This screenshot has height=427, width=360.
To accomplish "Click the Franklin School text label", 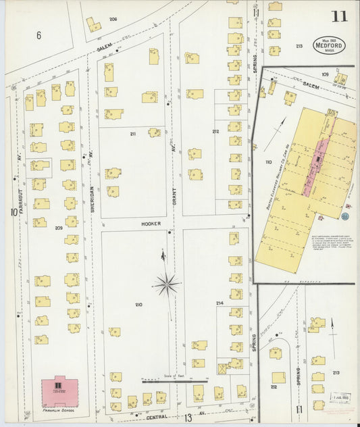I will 58,409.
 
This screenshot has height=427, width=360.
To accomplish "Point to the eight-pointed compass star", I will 166,284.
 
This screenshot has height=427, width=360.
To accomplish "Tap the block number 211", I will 133,134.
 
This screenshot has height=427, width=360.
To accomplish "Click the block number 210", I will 139,305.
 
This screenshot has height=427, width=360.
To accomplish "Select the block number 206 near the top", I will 113,19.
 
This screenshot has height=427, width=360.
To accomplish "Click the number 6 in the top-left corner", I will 38,35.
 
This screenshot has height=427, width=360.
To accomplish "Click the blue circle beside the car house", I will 345,216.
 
